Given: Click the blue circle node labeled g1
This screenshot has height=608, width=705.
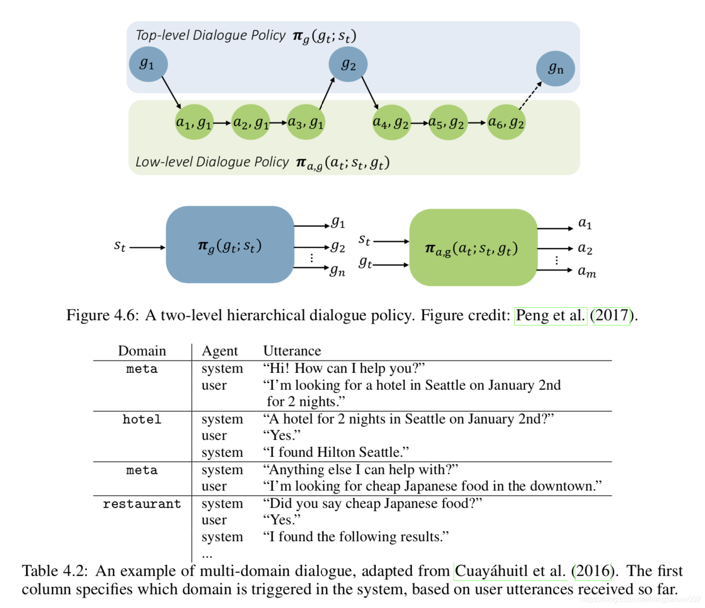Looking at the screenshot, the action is pos(148,64).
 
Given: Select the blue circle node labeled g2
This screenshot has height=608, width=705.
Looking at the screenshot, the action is pos(348,64).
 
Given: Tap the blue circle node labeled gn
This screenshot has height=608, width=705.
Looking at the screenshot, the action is pos(555,68).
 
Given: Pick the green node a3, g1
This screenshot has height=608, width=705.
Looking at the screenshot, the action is pos(306,122).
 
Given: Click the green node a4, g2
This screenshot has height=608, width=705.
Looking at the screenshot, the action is pos(391,122).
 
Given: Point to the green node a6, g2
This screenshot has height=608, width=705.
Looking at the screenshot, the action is pos(506,122).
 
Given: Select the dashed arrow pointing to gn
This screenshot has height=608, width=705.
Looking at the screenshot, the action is pos(530,96).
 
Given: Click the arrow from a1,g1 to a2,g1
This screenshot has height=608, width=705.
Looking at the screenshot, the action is pos(222,123).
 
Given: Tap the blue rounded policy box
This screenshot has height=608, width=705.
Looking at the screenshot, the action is pos(230,244).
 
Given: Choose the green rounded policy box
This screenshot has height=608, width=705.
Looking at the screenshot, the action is pos(473,248).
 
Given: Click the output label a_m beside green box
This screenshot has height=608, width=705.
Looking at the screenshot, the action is pos(587,272).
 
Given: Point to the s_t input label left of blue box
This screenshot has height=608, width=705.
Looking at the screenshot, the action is pos(120,245).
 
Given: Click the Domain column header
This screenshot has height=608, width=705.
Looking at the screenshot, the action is pos(142,351).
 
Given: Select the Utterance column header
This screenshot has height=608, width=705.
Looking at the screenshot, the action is pos(292,351).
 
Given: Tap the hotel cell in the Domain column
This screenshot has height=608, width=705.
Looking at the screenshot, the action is pos(142,419).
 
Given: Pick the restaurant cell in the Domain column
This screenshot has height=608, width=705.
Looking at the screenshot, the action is pos(142,504).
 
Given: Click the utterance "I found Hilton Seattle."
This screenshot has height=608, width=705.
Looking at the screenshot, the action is pos(336,452).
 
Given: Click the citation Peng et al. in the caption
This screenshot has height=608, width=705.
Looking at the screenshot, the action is pos(551,315).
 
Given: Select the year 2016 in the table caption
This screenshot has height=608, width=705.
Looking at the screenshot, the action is pos(593,571).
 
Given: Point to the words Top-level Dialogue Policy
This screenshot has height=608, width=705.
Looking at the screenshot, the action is pos(210,36).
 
